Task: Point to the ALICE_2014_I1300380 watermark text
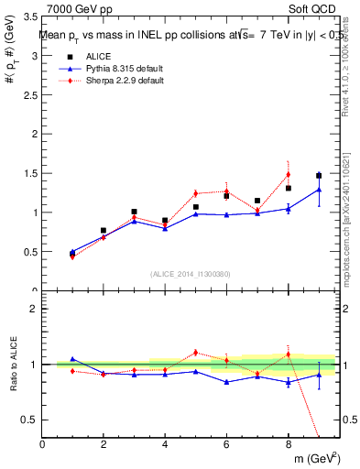(190, 273)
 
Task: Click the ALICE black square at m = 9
(319, 175)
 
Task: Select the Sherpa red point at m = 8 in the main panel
(288, 174)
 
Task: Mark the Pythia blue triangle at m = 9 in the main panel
(319, 190)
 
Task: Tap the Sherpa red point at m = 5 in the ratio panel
(195, 352)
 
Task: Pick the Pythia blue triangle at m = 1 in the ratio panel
(72, 359)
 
